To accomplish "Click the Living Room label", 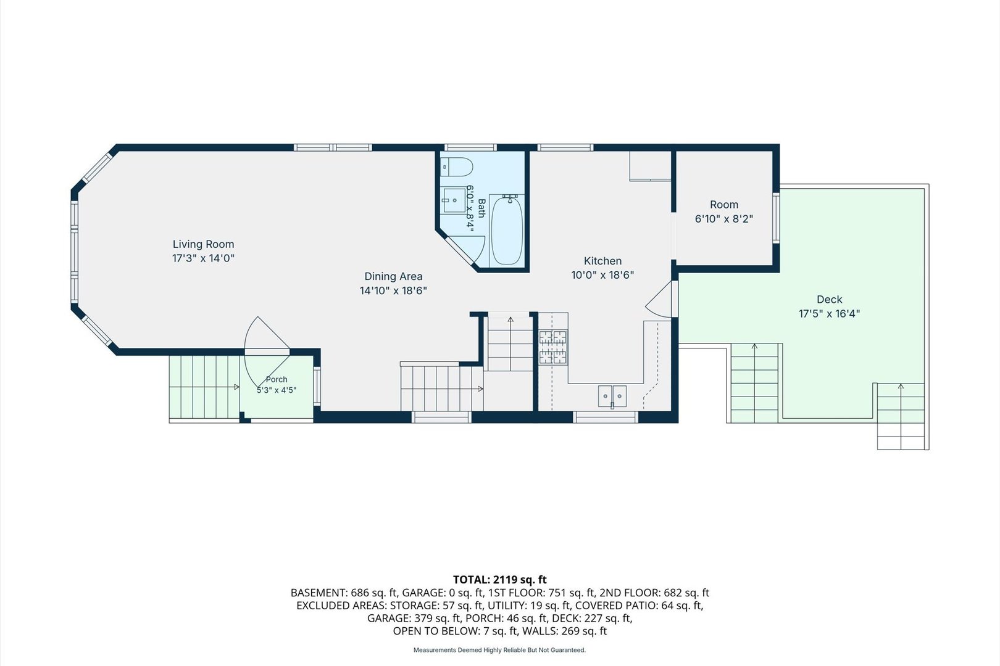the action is (203, 244).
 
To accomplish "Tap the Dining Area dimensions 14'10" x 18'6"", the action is (393, 291).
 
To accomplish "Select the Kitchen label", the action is (602, 261).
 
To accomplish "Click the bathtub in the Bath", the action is (507, 230).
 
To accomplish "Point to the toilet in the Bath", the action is (456, 167).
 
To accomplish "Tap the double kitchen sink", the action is (612, 396).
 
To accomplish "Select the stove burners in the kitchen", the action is (552, 347).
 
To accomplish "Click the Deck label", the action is (830, 299).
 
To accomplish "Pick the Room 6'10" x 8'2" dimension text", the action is (724, 219).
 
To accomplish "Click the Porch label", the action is (277, 380).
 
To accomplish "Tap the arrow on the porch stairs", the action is (236, 387).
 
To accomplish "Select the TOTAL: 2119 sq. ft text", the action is (499, 580).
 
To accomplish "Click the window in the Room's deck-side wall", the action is (777, 218).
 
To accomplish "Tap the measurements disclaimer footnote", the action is (499, 651).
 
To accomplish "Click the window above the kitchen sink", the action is (606, 417).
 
